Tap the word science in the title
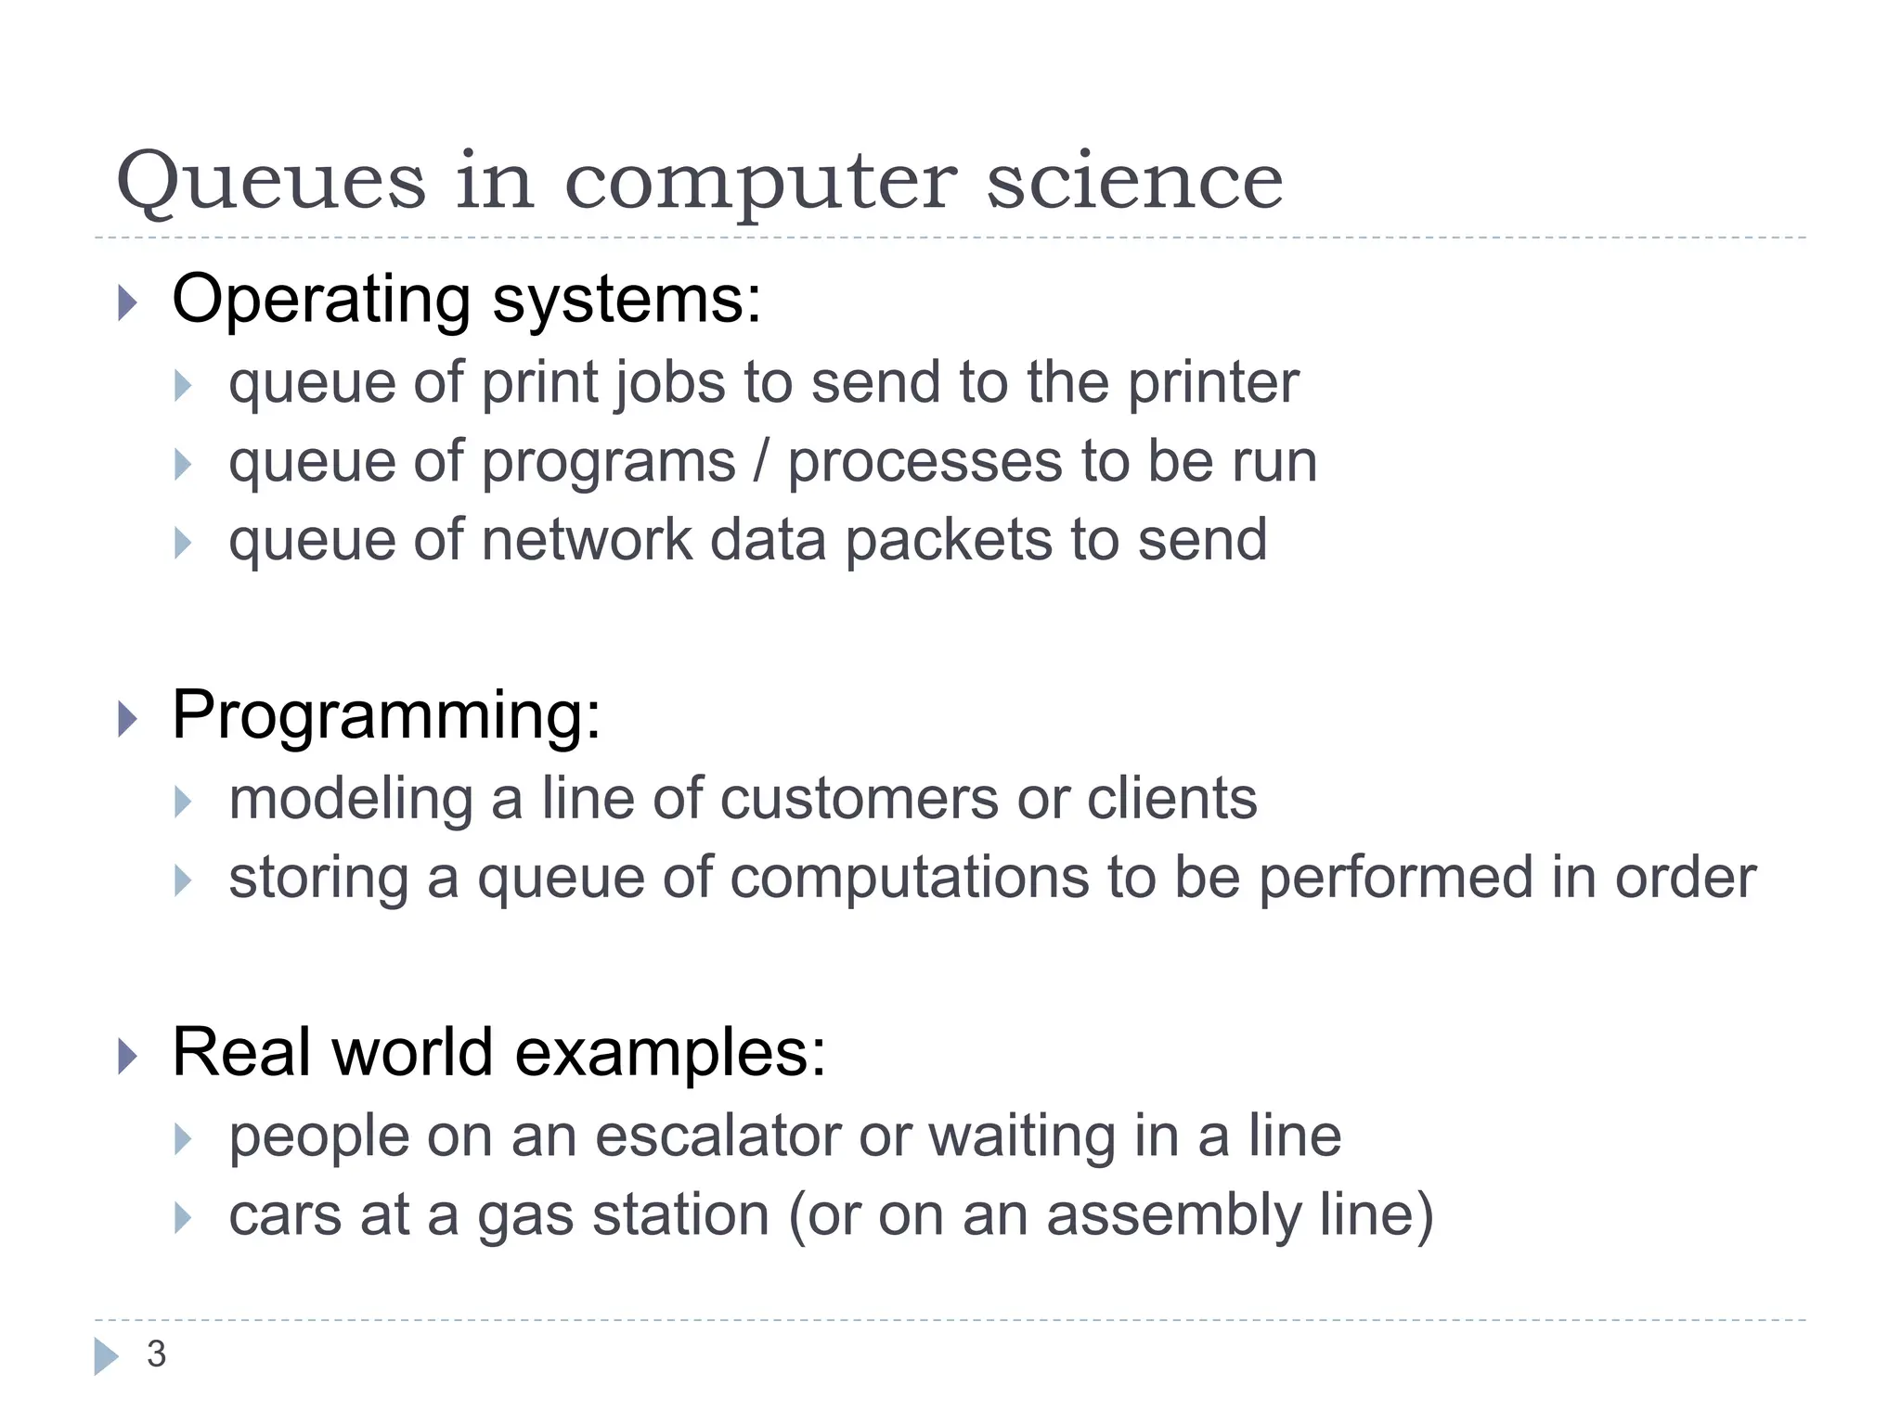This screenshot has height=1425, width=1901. pyautogui.click(x=1134, y=181)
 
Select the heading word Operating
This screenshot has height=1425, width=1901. pyautogui.click(x=321, y=301)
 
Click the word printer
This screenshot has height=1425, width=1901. pyautogui.click(x=1213, y=383)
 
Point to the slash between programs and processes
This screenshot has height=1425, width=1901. pyautogui.click(x=761, y=461)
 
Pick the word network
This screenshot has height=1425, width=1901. pyautogui.click(x=587, y=540)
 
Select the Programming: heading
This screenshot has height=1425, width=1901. pyautogui.click(x=386, y=716)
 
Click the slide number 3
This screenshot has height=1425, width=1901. pyautogui.click(x=156, y=1354)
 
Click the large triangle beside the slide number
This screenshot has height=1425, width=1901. pyautogui.click(x=106, y=1356)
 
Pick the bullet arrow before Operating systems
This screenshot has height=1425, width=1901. pyautogui.click(x=128, y=302)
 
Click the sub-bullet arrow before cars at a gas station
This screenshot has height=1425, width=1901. pyautogui.click(x=183, y=1217)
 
